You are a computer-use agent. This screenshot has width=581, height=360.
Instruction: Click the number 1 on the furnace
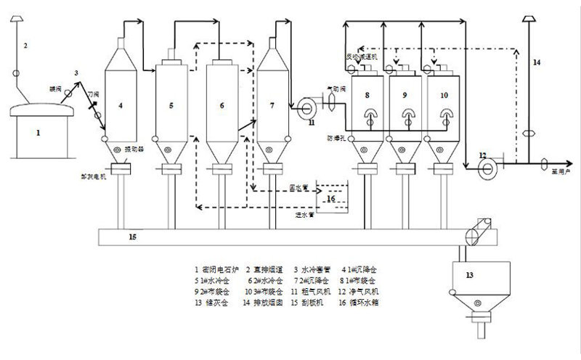(38, 133)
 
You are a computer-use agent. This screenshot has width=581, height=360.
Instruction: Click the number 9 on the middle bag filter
(404, 95)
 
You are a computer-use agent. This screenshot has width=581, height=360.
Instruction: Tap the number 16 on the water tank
(330, 197)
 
